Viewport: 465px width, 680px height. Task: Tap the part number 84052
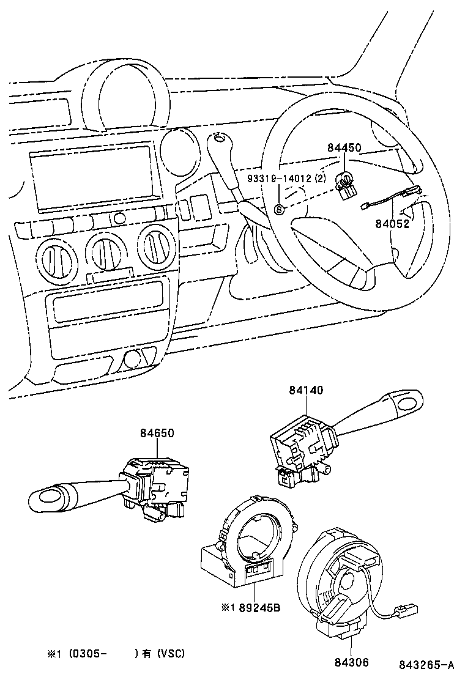(x=392, y=224)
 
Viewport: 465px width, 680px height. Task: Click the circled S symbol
(x=280, y=210)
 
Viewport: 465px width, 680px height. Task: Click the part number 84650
(x=157, y=433)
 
